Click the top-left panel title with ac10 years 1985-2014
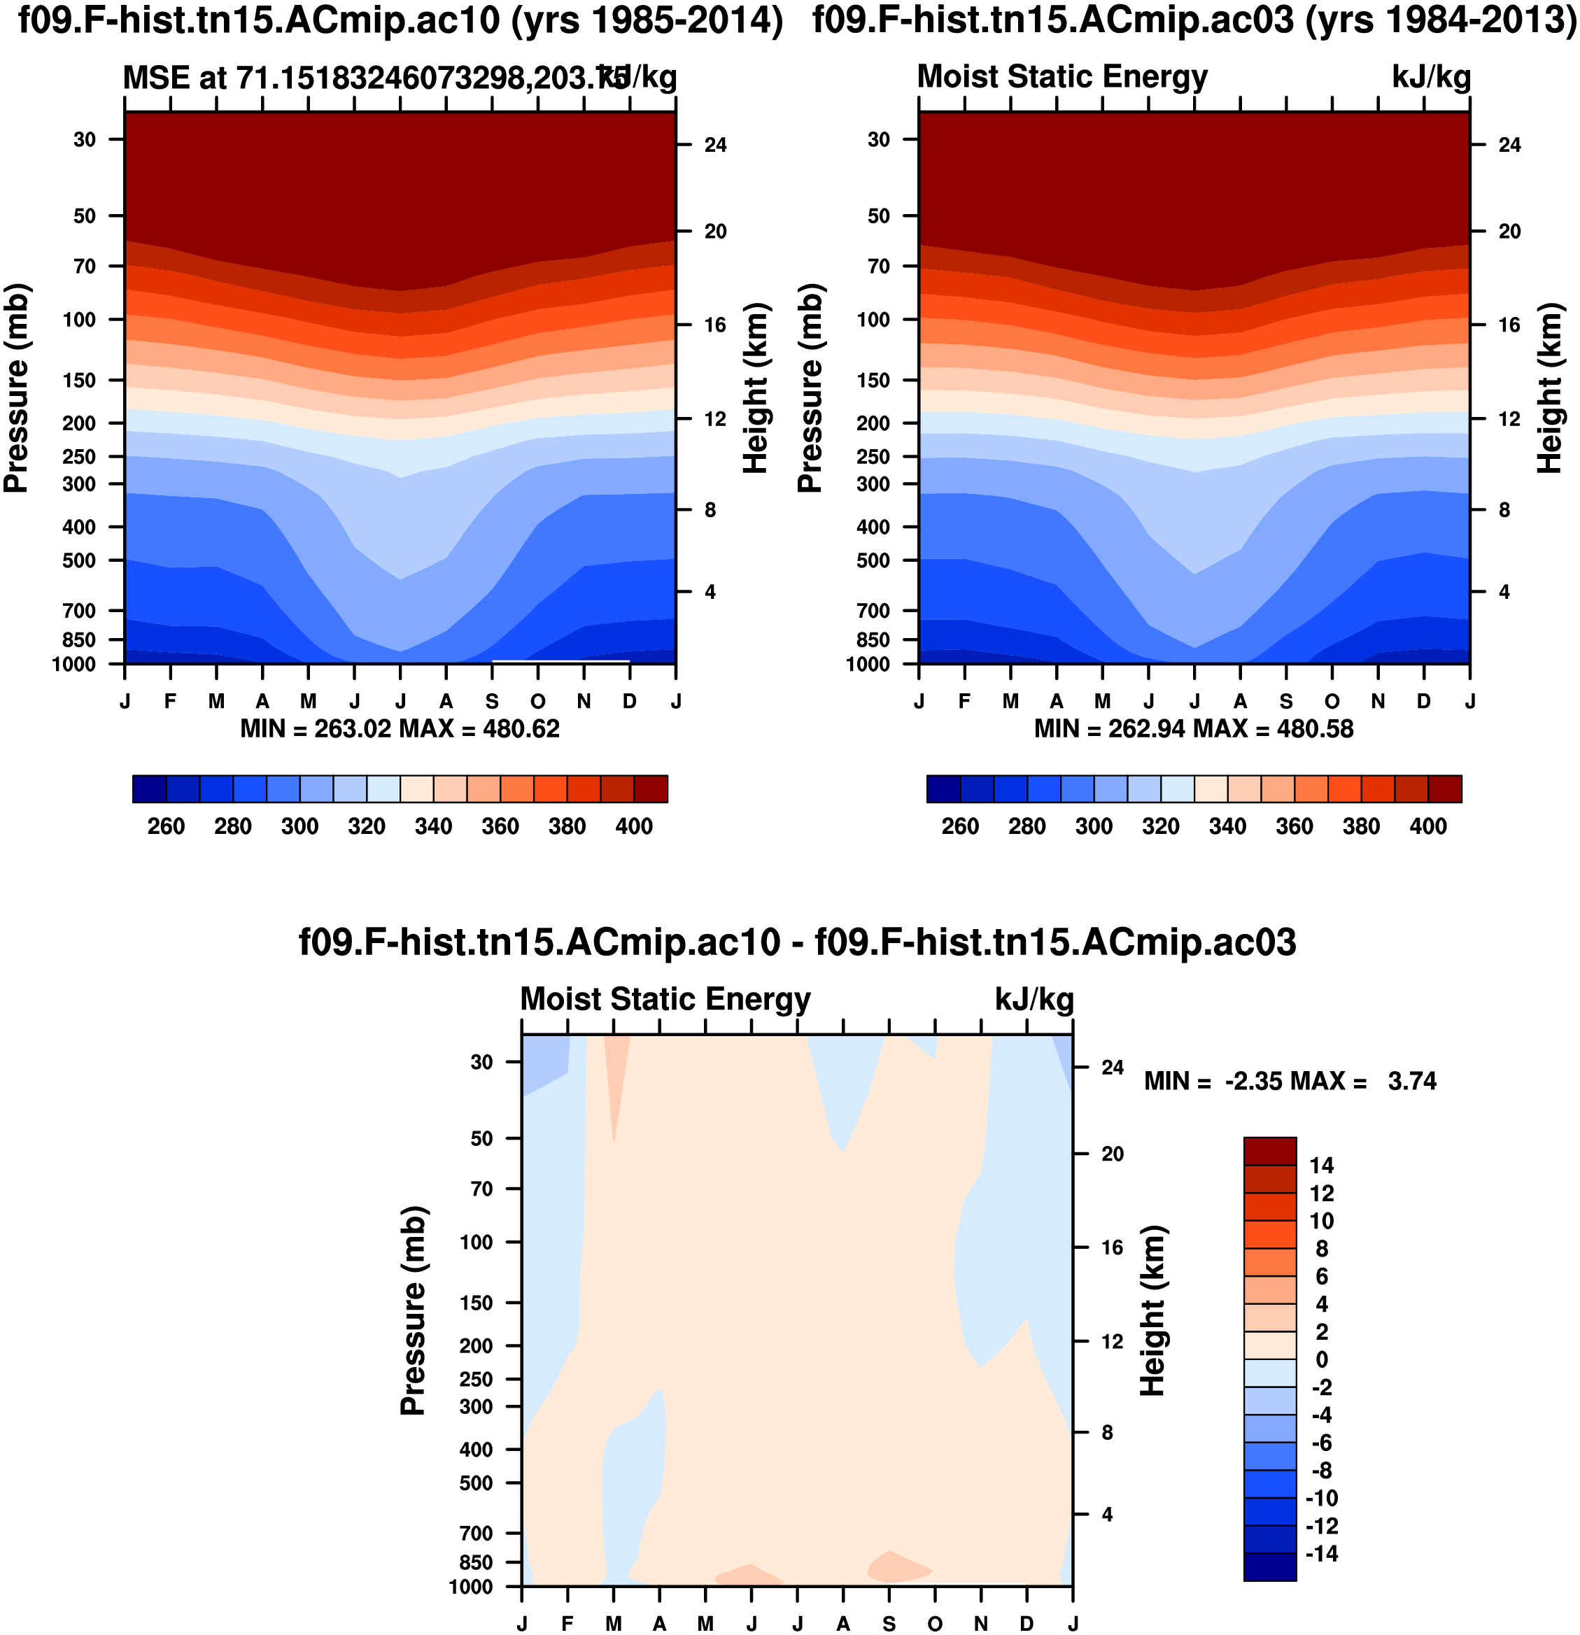pos(400,22)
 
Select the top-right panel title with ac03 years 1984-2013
pos(1194,22)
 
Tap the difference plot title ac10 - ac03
pos(798,942)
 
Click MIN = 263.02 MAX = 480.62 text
pos(400,729)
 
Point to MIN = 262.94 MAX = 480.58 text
pos(1194,729)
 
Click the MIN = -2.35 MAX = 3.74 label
pos(1290,1081)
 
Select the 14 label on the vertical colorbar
pos(1321,1166)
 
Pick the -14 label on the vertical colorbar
pos(1321,1553)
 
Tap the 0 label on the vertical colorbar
pos(1321,1360)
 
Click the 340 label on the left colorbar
pos(433,827)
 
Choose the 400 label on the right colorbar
pos(1427,827)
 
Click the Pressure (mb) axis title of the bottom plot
pos(413,1310)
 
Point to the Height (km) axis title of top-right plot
pos(1549,388)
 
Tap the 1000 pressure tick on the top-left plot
pos(73,665)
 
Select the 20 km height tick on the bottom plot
pos(1112,1154)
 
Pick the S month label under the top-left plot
pos(492,702)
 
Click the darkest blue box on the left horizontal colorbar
pos(149,789)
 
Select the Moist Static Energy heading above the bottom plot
pos(665,999)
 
